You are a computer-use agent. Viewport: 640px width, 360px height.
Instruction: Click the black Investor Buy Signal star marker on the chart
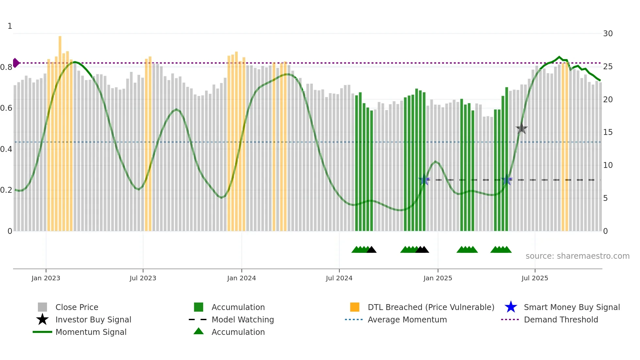pyautogui.click(x=521, y=128)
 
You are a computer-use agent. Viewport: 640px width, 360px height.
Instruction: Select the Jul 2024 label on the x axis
pyautogui.click(x=339, y=278)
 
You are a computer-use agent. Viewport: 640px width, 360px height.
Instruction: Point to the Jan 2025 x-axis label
pyautogui.click(x=438, y=278)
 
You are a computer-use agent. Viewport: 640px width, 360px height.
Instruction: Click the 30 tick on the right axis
pyautogui.click(x=608, y=34)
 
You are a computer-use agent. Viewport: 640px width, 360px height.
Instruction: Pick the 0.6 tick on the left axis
pyautogui.click(x=6, y=108)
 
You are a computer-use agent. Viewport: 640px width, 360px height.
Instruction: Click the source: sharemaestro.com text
pyautogui.click(x=577, y=256)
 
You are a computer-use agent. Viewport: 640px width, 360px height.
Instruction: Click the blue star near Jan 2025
pyautogui.click(x=424, y=180)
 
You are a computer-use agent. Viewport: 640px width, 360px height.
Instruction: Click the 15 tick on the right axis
pyautogui.click(x=608, y=132)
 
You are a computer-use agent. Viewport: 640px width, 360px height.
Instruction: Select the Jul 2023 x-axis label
pyautogui.click(x=143, y=278)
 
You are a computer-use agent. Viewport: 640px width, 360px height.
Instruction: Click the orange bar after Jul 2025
pyautogui.click(x=565, y=147)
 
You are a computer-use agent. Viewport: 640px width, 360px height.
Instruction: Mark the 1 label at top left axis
pyautogui.click(x=10, y=26)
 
